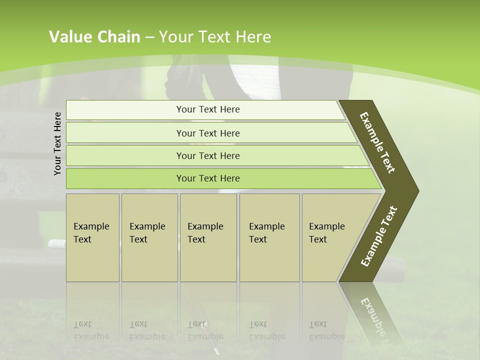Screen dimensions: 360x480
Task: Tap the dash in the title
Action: coord(149,37)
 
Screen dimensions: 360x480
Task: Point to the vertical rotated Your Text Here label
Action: coord(57,143)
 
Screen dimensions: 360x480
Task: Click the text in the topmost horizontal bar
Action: coord(208,109)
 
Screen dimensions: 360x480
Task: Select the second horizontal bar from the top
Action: coord(208,133)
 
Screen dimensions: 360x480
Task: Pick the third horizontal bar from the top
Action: coord(208,155)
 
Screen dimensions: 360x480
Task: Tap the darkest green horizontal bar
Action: coord(208,178)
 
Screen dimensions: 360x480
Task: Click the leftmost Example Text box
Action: coord(92,237)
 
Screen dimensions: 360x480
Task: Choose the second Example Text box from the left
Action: coord(149,237)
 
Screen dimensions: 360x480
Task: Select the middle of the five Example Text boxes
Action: coord(208,237)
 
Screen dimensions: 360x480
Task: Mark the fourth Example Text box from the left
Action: coord(269,237)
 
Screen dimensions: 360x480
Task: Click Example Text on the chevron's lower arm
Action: coord(379,236)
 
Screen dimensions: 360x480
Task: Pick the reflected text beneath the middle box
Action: coord(205,330)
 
